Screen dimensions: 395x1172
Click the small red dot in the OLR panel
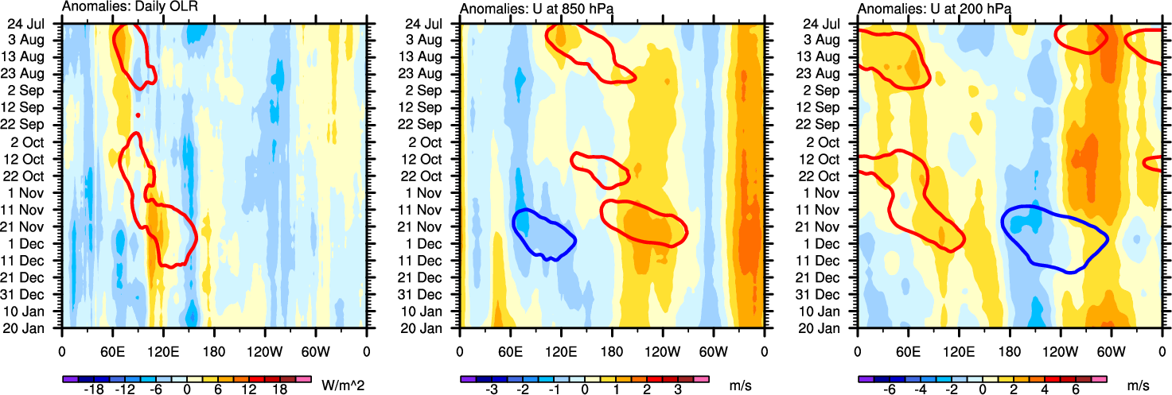(x=138, y=116)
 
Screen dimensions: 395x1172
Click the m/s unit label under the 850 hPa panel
(x=738, y=385)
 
